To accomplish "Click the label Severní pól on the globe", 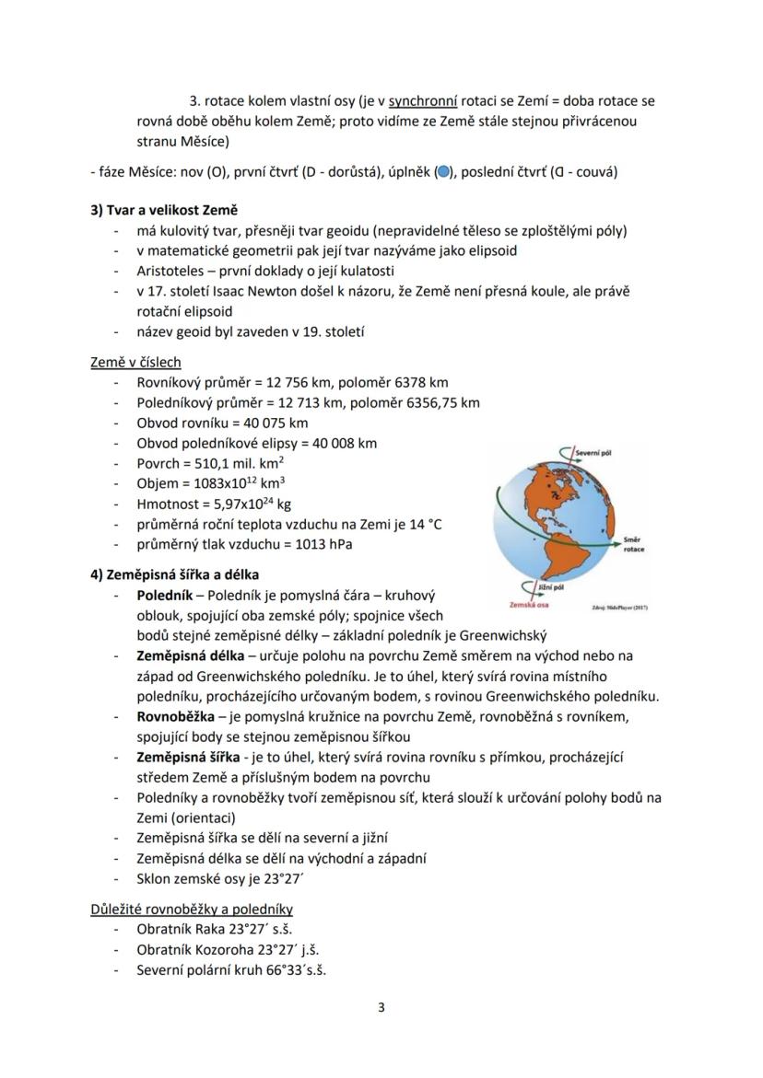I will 594,453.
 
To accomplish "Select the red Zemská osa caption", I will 530,605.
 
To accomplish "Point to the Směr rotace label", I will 634,543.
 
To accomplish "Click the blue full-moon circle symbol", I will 443,171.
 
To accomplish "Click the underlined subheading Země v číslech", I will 135,363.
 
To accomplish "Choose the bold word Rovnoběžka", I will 177,716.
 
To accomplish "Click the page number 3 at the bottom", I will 381,1006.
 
